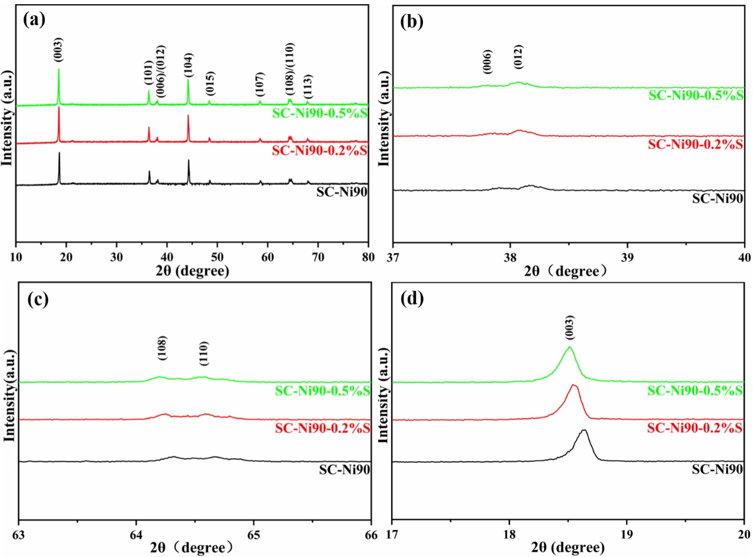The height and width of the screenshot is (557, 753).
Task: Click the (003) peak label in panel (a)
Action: (58, 50)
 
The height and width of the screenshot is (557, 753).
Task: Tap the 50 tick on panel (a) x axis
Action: (217, 257)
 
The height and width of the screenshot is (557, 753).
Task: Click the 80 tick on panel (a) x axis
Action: (368, 257)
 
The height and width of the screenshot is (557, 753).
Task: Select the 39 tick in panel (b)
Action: (627, 257)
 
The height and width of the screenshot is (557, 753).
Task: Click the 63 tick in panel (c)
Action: (19, 535)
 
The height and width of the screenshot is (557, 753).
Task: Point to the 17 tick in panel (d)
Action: (392, 535)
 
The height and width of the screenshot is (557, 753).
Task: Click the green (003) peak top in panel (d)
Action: (569, 346)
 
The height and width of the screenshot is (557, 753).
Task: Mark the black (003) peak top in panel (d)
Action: (584, 430)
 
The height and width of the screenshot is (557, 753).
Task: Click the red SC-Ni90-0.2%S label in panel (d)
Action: (695, 428)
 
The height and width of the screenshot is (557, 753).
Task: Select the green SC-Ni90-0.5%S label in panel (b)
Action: (696, 95)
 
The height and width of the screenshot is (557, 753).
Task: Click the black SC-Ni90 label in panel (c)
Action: (344, 470)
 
